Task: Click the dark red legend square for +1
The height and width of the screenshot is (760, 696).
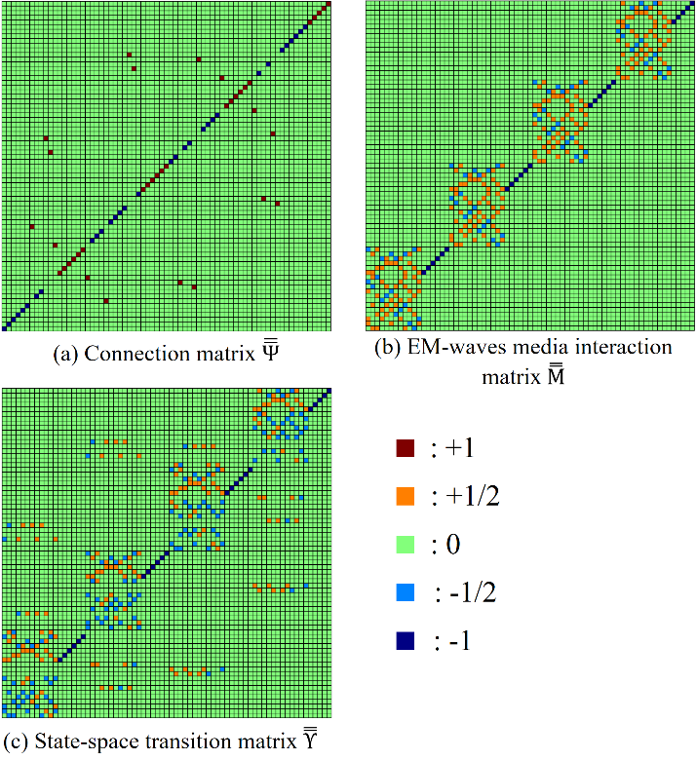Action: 406,448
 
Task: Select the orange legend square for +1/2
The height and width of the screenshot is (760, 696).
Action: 406,496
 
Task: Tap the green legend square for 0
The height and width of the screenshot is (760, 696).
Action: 406,545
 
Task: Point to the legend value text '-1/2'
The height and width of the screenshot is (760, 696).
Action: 471,593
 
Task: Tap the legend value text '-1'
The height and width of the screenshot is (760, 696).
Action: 461,641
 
